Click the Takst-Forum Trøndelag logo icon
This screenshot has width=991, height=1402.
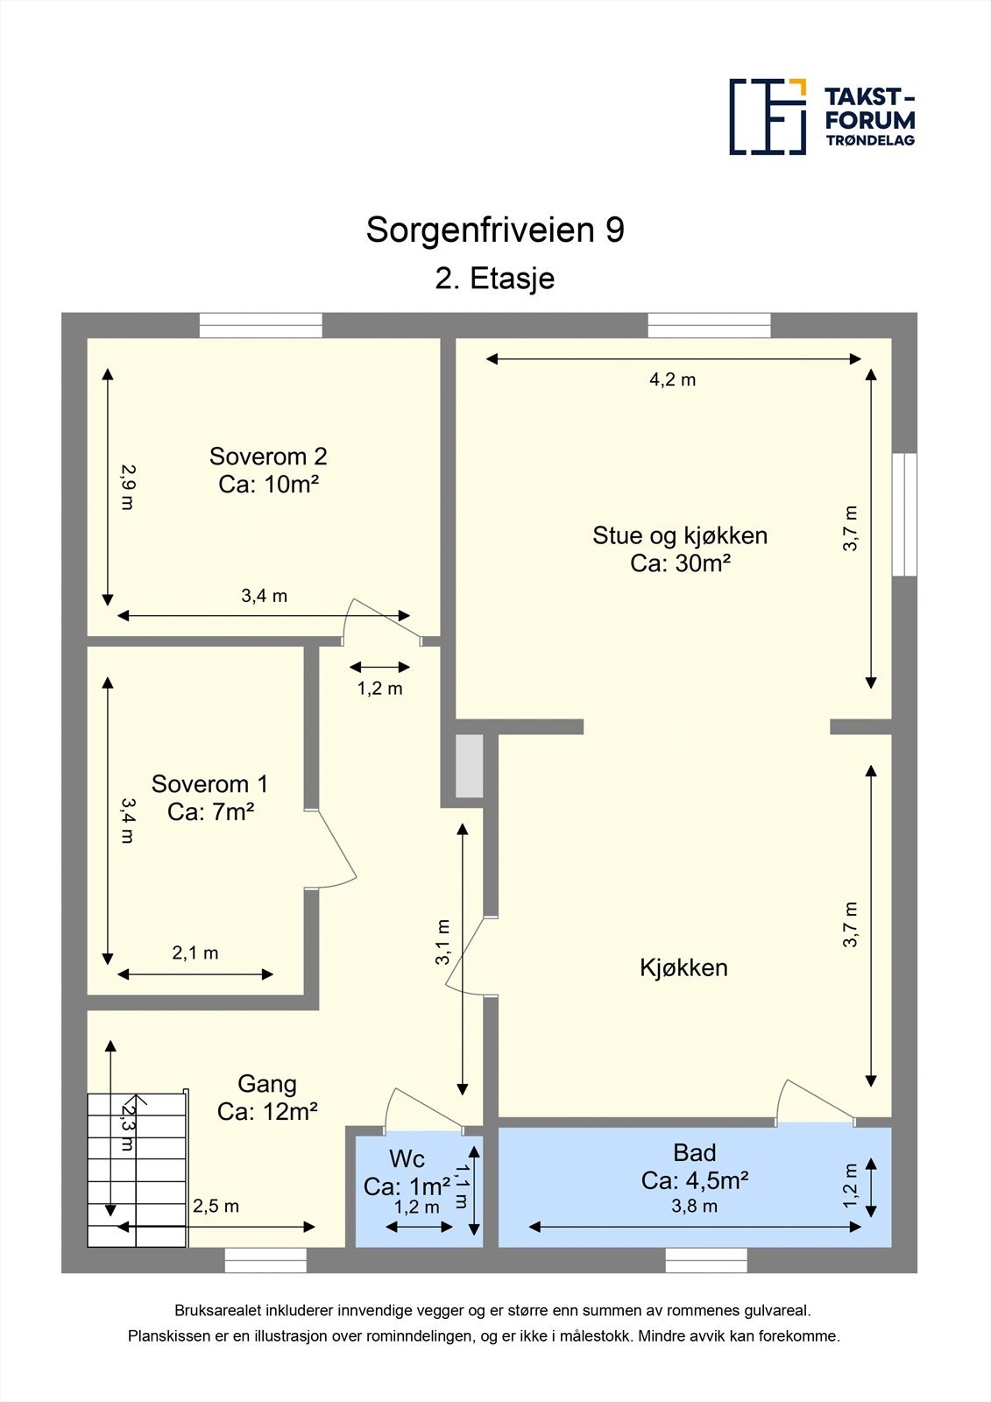click(x=768, y=117)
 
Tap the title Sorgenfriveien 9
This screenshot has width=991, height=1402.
click(x=495, y=230)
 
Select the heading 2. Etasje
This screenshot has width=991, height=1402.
click(x=495, y=279)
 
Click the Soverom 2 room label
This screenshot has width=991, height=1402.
click(x=268, y=470)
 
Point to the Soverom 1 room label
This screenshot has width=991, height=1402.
click(x=210, y=797)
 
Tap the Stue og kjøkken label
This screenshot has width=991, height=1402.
click(x=680, y=549)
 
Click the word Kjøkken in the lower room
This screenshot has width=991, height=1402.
click(x=683, y=967)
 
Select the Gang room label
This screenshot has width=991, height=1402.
click(x=267, y=1097)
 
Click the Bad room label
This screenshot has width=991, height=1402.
click(x=695, y=1166)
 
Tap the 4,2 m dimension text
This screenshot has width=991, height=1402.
click(x=672, y=379)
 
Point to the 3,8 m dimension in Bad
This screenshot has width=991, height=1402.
click(x=695, y=1207)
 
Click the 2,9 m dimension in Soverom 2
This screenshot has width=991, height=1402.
click(x=127, y=487)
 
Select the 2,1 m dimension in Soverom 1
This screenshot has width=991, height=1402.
click(x=195, y=952)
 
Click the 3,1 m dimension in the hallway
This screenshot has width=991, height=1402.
click(x=443, y=941)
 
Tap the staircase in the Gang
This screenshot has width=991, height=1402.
click(x=137, y=1169)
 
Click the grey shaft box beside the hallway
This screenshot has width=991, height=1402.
click(x=470, y=766)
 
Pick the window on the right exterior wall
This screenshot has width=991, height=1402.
click(x=904, y=514)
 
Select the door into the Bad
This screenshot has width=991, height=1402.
click(x=815, y=1104)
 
